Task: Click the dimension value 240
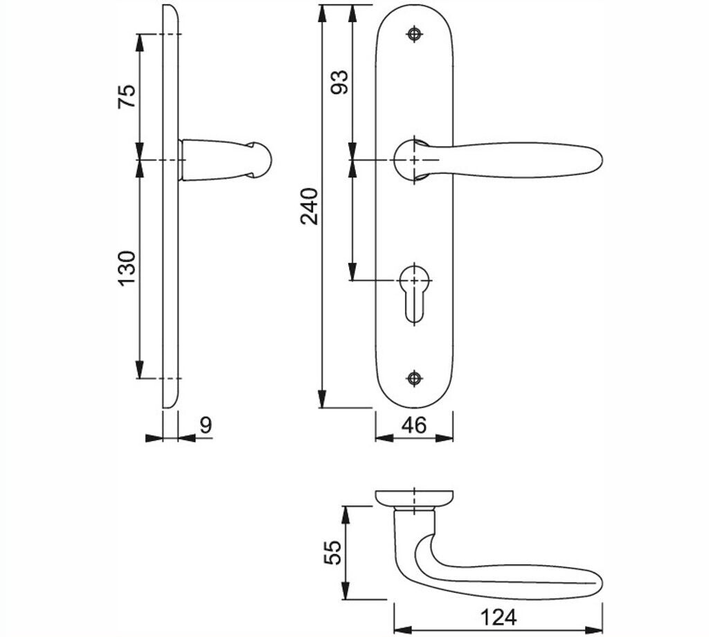pos(310,206)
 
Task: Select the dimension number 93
pos(339,82)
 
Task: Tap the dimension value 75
pos(127,96)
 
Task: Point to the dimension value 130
pos(127,269)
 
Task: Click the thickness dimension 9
pos(205,425)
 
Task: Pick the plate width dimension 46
pos(414,425)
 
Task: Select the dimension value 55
pos(332,553)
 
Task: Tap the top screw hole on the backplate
pos(414,34)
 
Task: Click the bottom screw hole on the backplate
pos(414,377)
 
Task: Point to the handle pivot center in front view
pos(414,160)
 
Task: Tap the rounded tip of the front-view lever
pos(594,161)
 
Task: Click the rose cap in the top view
pos(414,497)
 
